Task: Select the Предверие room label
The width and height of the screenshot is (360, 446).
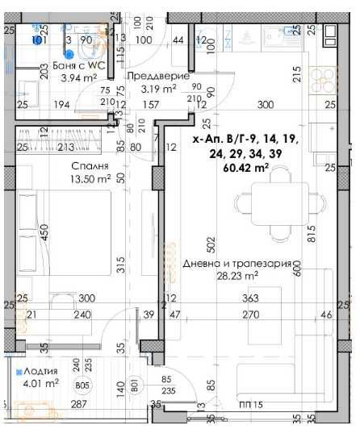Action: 164,78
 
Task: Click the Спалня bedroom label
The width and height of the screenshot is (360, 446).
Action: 84,168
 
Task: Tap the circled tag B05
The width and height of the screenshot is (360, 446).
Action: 80,386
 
